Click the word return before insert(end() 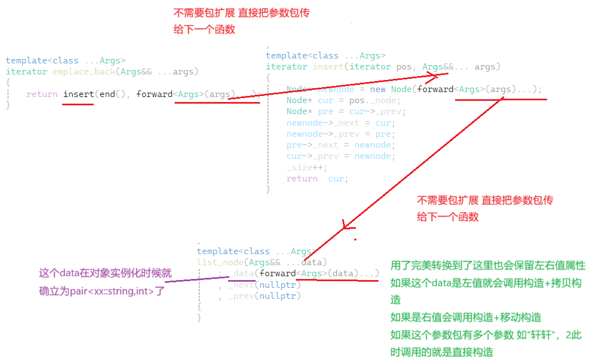click(42, 94)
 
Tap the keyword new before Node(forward click(377, 89)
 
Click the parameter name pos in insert click(404, 67)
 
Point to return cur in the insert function click(317, 179)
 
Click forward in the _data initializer click(278, 273)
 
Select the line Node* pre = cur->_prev click(346, 111)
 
